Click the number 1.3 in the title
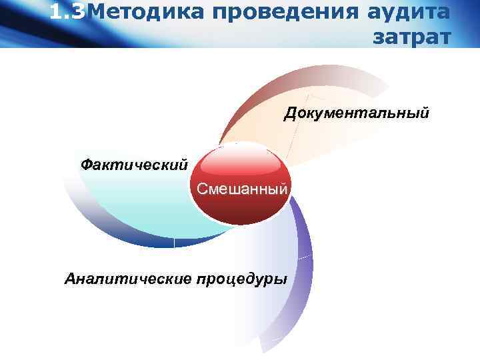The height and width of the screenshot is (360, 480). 67,11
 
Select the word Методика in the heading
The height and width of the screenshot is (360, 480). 139,11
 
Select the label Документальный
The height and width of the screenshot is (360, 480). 357,113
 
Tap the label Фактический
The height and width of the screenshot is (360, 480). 133,163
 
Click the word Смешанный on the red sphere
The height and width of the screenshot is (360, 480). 243,189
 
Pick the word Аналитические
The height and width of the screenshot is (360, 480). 127,278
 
